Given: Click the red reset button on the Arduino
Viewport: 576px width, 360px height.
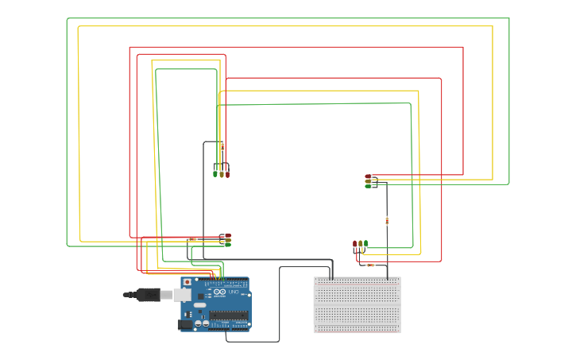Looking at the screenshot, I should pyautogui.click(x=187, y=281).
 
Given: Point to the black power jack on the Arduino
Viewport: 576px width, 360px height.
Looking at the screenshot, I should pyautogui.click(x=185, y=323).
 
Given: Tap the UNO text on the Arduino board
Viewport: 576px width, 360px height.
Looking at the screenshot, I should pyautogui.click(x=234, y=293).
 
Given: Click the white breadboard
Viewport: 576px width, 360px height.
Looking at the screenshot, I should pyautogui.click(x=357, y=305).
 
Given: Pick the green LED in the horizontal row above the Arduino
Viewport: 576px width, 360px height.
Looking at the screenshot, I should pyautogui.click(x=215, y=172).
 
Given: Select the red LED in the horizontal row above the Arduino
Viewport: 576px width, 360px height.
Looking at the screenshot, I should pyautogui.click(x=227, y=172).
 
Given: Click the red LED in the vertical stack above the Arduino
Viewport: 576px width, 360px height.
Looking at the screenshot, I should pyautogui.click(x=227, y=235).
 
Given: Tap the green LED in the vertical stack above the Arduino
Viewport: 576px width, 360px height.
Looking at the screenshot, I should pyautogui.click(x=227, y=244).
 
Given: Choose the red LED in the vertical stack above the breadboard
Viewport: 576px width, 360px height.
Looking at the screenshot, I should pyautogui.click(x=369, y=176).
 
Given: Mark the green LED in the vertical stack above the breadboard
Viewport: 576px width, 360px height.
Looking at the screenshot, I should pyautogui.click(x=369, y=186).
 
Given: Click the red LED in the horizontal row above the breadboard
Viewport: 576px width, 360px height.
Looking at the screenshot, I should pyautogui.click(x=354, y=243).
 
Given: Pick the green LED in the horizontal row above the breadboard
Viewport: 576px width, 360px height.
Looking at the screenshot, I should pyautogui.click(x=365, y=243).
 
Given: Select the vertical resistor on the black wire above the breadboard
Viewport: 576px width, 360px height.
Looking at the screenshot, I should pyautogui.click(x=387, y=220).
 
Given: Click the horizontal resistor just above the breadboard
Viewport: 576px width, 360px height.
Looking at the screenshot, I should pyautogui.click(x=369, y=265).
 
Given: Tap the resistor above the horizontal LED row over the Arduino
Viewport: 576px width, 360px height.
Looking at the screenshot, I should pyautogui.click(x=222, y=146).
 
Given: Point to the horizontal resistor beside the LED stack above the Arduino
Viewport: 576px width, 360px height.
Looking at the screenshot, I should pyautogui.click(x=191, y=239).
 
